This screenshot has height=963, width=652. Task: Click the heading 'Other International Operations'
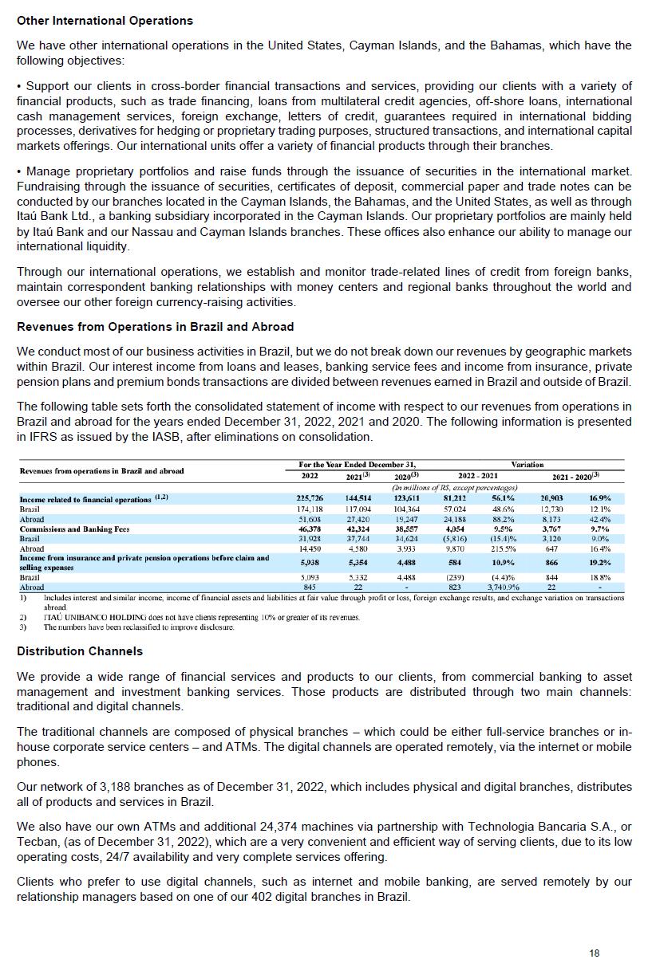[105, 20]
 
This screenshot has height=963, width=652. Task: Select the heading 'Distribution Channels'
[80, 651]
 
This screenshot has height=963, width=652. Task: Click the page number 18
[595, 953]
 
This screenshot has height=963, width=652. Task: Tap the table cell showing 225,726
[309, 498]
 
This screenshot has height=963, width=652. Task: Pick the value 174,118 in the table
[309, 509]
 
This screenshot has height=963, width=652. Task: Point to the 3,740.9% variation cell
[504, 588]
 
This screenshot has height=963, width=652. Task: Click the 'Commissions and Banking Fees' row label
[74, 529]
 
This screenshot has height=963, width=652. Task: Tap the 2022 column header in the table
[309, 476]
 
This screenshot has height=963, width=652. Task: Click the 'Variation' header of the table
[528, 465]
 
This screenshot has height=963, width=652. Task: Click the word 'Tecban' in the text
[35, 841]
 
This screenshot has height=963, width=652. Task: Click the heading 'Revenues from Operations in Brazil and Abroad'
[155, 327]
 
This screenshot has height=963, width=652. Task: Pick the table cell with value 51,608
[309, 519]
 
